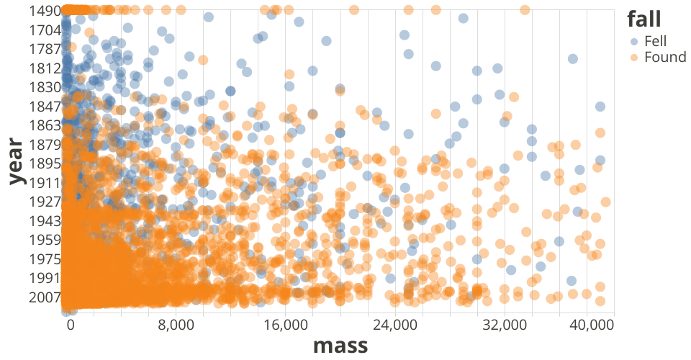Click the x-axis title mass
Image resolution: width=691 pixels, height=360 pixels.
coord(340,346)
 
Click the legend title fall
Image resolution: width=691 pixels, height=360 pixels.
coord(643,18)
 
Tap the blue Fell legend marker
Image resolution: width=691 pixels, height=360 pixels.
coord(633,41)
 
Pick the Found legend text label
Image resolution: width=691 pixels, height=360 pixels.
coord(665,57)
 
